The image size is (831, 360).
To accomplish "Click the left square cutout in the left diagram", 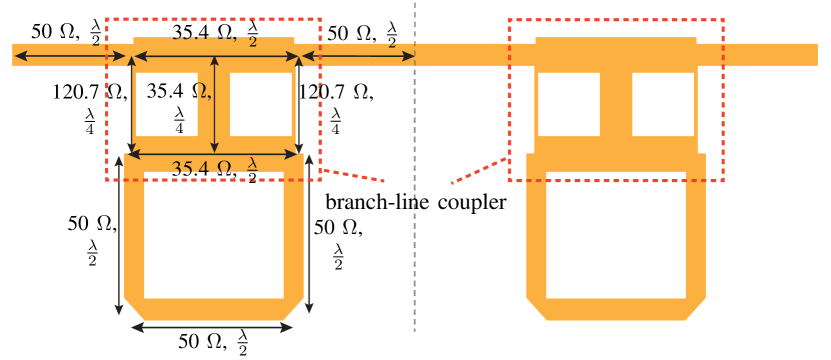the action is pyautogui.click(x=167, y=104).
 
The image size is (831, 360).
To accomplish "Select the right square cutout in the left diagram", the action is pyautogui.click(x=261, y=104).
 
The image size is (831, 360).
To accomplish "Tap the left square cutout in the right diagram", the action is pyautogui.click(x=569, y=104).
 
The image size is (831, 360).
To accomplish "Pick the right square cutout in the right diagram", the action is pyautogui.click(x=663, y=104).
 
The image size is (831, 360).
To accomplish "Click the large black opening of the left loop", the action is pyautogui.click(x=214, y=235).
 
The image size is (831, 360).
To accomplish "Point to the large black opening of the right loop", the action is pyautogui.click(x=616, y=235).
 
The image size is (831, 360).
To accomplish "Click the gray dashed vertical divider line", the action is pyautogui.click(x=414, y=250).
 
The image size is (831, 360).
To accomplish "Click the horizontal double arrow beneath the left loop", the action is pyautogui.click(x=212, y=327).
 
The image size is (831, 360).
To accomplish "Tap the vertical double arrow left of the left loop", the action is pyautogui.click(x=120, y=235).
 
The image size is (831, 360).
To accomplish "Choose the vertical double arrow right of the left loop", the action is pyautogui.click(x=309, y=235).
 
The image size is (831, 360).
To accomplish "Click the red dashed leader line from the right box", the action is pyautogui.click(x=479, y=171).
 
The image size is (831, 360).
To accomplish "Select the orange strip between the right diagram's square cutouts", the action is pyautogui.click(x=616, y=104).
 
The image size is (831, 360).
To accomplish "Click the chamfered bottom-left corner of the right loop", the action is pyautogui.click(x=535, y=307).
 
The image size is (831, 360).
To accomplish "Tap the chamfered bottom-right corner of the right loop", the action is pyautogui.click(x=697, y=307).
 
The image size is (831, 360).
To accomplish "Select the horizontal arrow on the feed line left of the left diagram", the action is pyautogui.click(x=70, y=56).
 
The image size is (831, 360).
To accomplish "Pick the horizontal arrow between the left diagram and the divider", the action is pyautogui.click(x=357, y=56).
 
